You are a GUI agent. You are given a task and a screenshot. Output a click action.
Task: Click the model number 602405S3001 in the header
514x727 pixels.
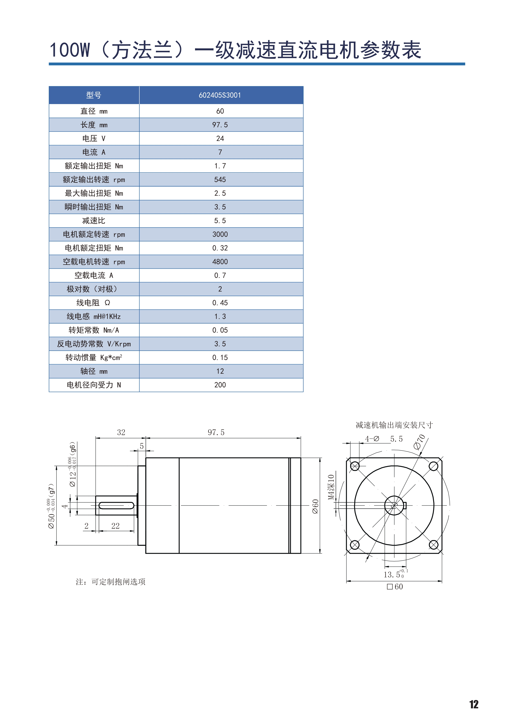pos(220,95)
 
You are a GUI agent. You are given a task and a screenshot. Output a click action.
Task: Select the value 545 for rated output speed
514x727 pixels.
pos(220,180)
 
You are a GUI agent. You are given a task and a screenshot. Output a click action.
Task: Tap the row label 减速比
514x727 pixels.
pos(94,221)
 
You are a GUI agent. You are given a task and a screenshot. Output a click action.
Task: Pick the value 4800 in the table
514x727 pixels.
pos(220,262)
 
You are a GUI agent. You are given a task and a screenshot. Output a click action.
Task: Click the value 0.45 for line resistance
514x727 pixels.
pos(220,303)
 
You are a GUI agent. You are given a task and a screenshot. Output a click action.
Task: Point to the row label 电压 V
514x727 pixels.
pos(94,138)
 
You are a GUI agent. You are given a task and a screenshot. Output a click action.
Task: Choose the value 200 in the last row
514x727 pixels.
pos(220,385)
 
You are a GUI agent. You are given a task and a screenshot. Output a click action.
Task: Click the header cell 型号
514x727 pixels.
pos(94,95)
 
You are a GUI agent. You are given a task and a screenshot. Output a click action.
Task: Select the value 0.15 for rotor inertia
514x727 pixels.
pos(220,357)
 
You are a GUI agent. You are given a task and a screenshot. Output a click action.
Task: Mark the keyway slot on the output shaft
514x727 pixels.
pos(116,505)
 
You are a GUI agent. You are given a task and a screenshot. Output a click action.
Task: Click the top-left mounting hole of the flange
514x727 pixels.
pos(355,466)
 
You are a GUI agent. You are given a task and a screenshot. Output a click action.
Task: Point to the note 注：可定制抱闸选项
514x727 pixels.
pos(110,582)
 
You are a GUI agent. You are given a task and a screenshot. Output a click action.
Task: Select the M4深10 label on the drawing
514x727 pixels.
pos(331,487)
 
